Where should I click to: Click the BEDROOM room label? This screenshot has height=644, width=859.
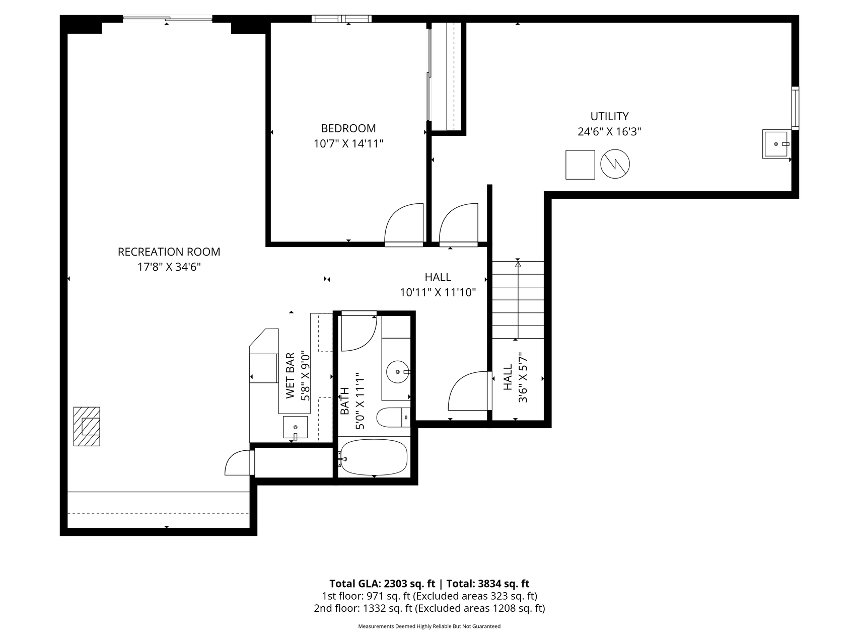(348, 128)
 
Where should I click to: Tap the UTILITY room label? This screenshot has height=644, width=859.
(609, 116)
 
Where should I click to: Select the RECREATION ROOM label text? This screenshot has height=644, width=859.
(169, 252)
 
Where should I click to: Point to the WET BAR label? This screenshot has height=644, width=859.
(290, 376)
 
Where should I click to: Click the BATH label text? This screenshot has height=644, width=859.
(344, 401)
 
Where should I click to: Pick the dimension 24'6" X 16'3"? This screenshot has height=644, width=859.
(609, 132)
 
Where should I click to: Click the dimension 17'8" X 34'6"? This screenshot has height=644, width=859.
(169, 267)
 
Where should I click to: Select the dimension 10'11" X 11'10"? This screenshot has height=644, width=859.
(438, 292)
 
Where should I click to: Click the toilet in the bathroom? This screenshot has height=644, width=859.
(394, 417)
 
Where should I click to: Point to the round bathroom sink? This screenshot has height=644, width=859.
(399, 372)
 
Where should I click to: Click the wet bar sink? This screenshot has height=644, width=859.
(295, 428)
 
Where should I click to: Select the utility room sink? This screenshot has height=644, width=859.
(777, 144)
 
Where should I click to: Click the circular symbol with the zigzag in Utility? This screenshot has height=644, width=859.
(615, 164)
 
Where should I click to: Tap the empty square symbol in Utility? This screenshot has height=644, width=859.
(580, 165)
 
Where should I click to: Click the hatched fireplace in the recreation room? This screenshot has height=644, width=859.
(87, 426)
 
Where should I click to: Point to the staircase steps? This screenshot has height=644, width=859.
(518, 300)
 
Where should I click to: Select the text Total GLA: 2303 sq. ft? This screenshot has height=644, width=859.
(382, 584)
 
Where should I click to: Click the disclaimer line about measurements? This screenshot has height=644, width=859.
(430, 626)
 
